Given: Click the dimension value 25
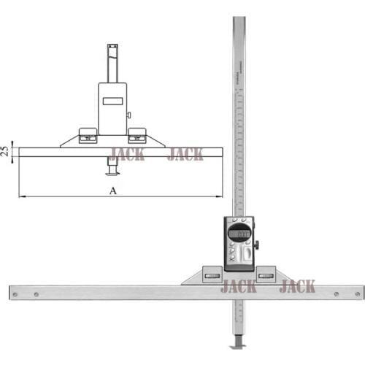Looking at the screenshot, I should click(5, 152).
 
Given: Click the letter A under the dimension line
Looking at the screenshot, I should click(112, 190).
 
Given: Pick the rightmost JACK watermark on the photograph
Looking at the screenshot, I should click(297, 286).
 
